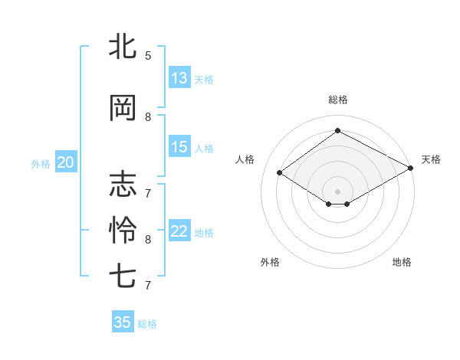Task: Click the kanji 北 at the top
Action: click(x=123, y=47)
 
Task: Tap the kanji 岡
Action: click(x=123, y=109)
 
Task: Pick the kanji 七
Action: click(x=123, y=276)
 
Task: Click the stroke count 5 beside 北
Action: click(x=148, y=55)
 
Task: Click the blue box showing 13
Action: click(x=179, y=78)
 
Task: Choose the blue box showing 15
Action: click(x=179, y=147)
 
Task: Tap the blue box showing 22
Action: click(x=179, y=231)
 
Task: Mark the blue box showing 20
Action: click(x=65, y=162)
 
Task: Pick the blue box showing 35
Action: click(x=123, y=322)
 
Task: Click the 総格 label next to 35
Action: click(x=148, y=324)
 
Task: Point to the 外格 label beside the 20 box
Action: click(x=41, y=163)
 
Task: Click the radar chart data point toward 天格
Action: click(x=412, y=169)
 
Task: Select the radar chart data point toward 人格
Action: click(x=280, y=173)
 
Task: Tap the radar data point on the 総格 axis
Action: click(x=337, y=131)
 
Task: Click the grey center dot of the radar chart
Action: click(x=337, y=190)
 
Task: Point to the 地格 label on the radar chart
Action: click(x=402, y=262)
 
